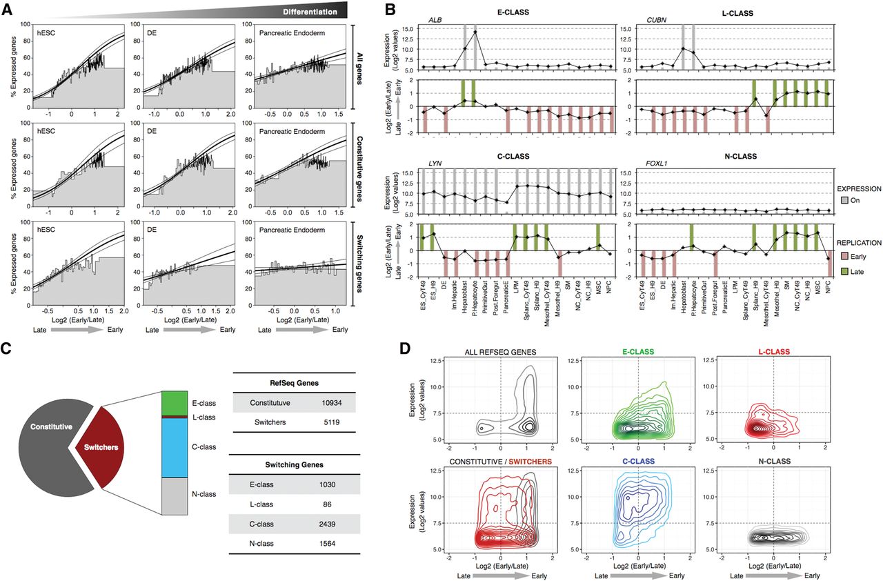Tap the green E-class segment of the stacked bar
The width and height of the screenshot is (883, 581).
(175, 403)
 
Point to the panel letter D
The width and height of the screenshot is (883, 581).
(406, 349)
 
